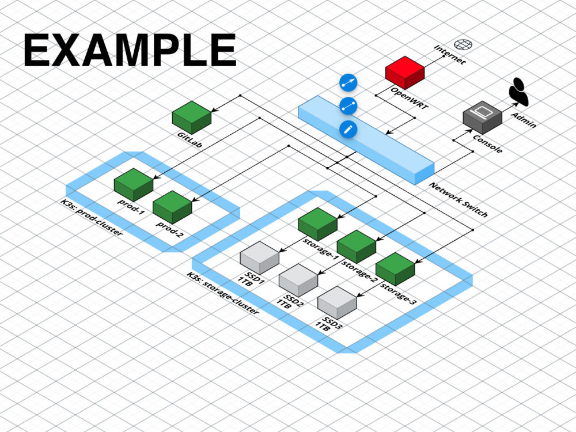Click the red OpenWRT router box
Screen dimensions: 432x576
(404, 71)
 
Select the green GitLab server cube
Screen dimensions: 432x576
(191, 118)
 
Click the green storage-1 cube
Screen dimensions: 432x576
(317, 224)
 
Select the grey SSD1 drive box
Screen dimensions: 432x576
(259, 257)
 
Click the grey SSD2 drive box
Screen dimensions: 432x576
(298, 280)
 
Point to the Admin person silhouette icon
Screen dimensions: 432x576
(518, 92)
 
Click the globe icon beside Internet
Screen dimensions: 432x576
(462, 44)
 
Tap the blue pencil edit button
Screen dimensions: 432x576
(348, 129)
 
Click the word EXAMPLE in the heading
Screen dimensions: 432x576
(130, 51)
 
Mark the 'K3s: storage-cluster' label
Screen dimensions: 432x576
(222, 293)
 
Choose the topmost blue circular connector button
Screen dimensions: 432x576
(348, 83)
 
